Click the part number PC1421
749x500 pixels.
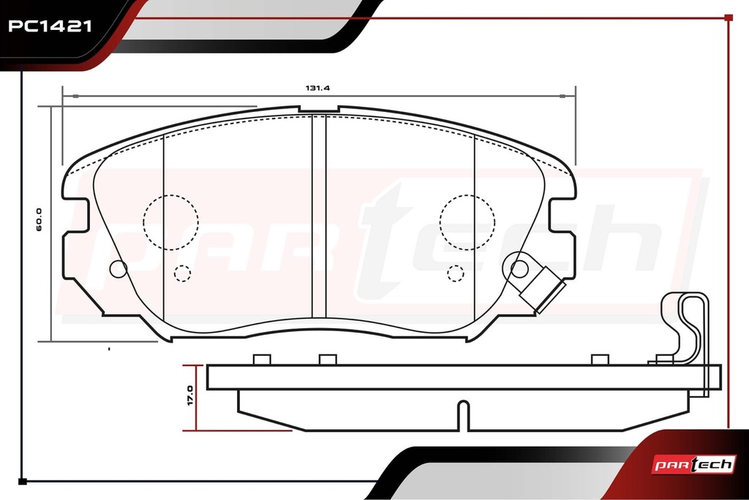point(50,26)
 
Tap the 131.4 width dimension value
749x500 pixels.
point(317,88)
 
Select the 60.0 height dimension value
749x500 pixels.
point(39,220)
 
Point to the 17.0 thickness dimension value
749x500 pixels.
point(190,395)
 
